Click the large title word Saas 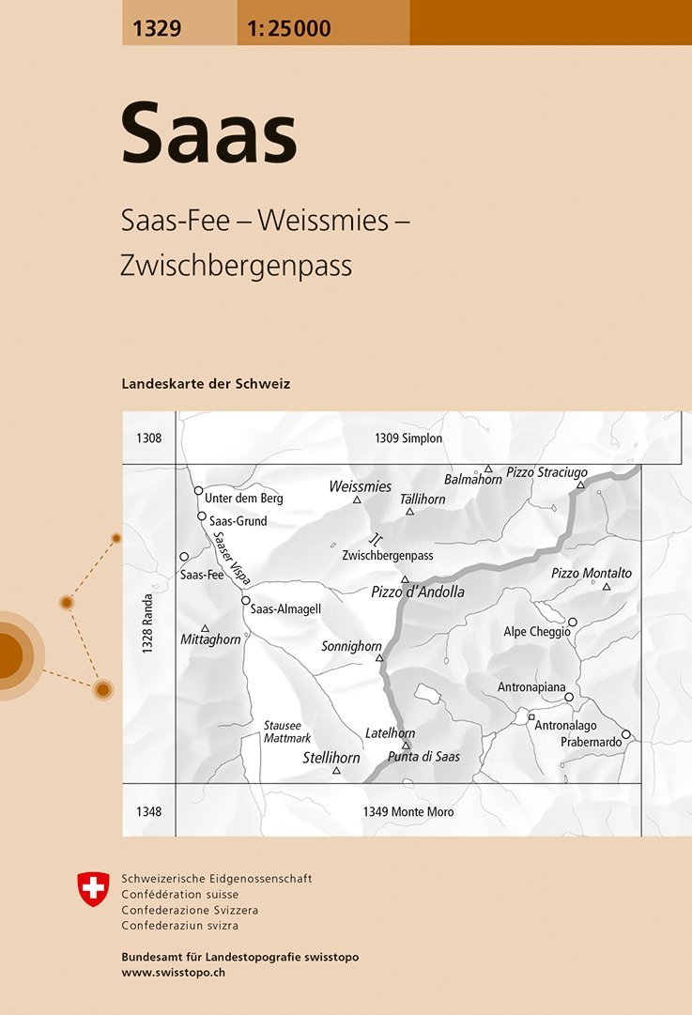(x=208, y=134)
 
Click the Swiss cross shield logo (x=93, y=889)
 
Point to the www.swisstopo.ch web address (x=174, y=973)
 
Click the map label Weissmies (x=361, y=486)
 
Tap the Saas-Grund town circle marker (x=202, y=516)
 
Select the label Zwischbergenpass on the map (x=388, y=555)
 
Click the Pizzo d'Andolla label (x=418, y=592)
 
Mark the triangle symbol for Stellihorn (x=336, y=771)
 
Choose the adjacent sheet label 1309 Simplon (x=408, y=438)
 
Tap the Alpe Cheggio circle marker (x=572, y=622)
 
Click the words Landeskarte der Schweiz (x=206, y=384)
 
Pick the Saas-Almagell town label (x=286, y=608)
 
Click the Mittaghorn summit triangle (x=205, y=628)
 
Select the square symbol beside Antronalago (x=531, y=716)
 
